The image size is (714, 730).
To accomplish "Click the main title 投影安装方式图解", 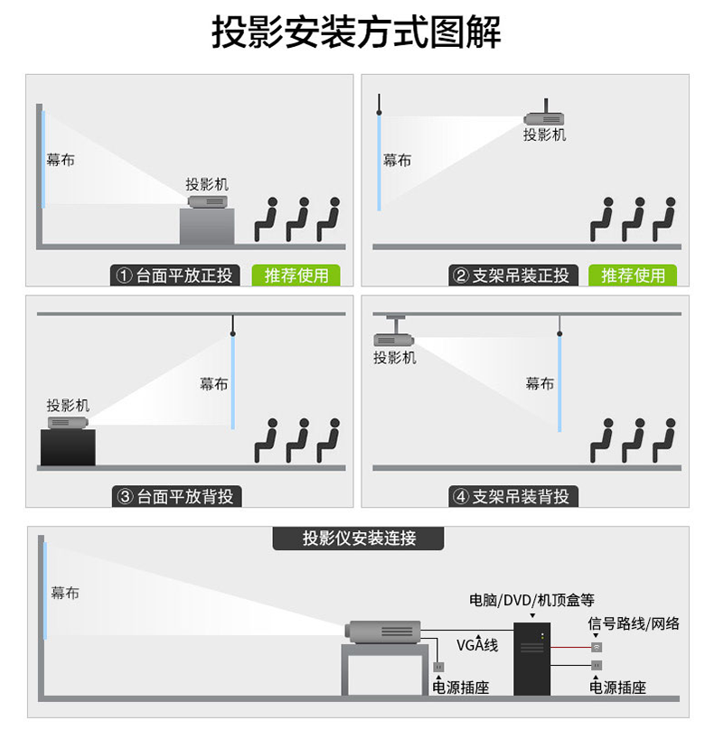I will [x=356, y=33].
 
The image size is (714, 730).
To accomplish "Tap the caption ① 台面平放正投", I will [x=175, y=276].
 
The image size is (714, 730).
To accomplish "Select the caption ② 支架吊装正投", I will [x=512, y=276].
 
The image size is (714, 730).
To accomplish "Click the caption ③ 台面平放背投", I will [x=176, y=496].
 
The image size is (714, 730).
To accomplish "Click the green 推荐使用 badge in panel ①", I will [x=296, y=276].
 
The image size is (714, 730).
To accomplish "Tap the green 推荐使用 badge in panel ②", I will [x=633, y=276].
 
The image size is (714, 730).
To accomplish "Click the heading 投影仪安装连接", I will [x=359, y=538].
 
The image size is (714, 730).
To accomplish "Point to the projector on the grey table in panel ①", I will [x=207, y=201].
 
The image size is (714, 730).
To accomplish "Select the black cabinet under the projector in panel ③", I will [x=68, y=447].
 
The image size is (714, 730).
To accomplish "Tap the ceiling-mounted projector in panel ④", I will [x=393, y=340].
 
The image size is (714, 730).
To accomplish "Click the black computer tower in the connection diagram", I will [x=532, y=659].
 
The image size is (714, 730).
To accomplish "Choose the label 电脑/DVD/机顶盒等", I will [x=531, y=599].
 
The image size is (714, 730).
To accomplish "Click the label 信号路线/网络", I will [x=634, y=623].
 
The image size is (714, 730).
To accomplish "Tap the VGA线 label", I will [x=477, y=645].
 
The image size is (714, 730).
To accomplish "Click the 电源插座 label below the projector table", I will [x=460, y=688].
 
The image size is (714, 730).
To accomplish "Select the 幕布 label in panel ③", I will [x=214, y=384].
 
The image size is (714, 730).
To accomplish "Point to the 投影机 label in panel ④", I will [x=395, y=358].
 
